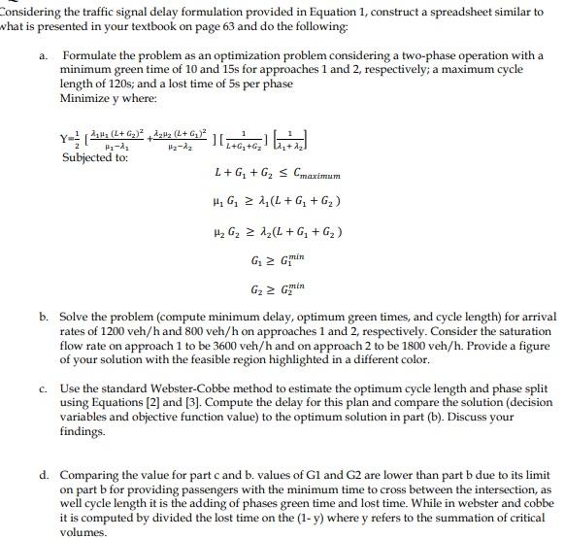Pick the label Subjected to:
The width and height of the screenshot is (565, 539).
tap(95, 157)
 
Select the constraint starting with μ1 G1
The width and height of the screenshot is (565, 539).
tap(276, 203)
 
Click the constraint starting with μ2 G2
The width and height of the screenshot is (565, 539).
tap(276, 232)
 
